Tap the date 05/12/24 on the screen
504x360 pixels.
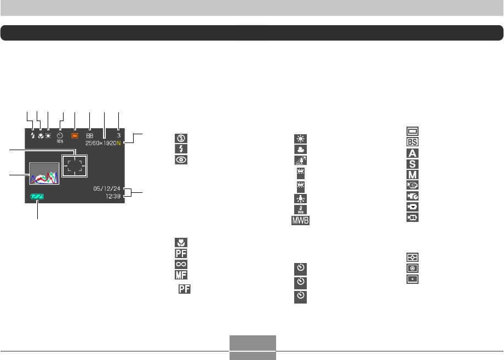[108, 187]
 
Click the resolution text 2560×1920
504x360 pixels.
[104, 143]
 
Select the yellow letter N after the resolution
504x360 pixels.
[125, 143]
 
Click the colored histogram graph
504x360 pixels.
[44, 174]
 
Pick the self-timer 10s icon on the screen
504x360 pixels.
[60, 136]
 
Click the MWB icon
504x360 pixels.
[299, 220]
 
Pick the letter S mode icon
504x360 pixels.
[412, 163]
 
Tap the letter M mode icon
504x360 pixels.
[412, 174]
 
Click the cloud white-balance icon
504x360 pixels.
[299, 149]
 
